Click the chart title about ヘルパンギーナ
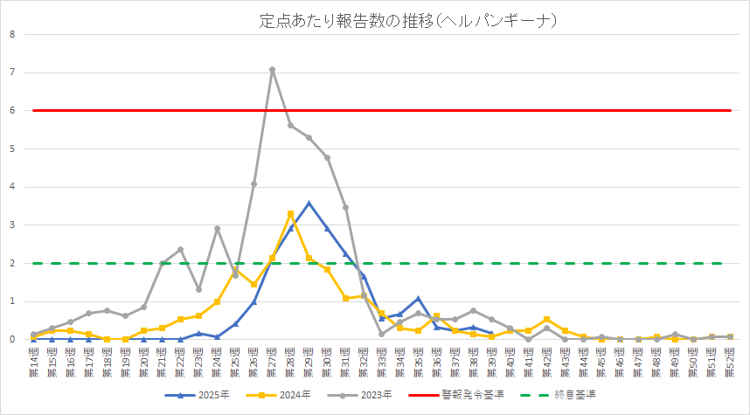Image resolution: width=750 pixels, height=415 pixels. click(x=407, y=19)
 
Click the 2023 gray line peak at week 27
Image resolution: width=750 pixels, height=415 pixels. click(x=272, y=70)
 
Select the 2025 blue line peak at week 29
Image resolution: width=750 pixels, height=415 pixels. click(x=309, y=204)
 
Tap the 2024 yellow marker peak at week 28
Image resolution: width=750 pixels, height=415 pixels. click(x=290, y=213)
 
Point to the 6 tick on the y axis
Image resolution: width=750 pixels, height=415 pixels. click(x=12, y=110)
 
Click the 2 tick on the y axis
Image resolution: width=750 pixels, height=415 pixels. click(x=12, y=263)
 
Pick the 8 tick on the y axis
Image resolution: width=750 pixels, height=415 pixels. click(x=12, y=34)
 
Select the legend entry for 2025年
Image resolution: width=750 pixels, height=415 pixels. click(x=203, y=396)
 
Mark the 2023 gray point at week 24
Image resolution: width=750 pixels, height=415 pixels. click(x=217, y=229)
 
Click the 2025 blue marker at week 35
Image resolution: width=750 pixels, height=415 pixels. click(x=419, y=299)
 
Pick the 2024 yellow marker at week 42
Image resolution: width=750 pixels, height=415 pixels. click(x=546, y=320)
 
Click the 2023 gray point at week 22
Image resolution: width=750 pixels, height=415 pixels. click(x=180, y=250)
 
